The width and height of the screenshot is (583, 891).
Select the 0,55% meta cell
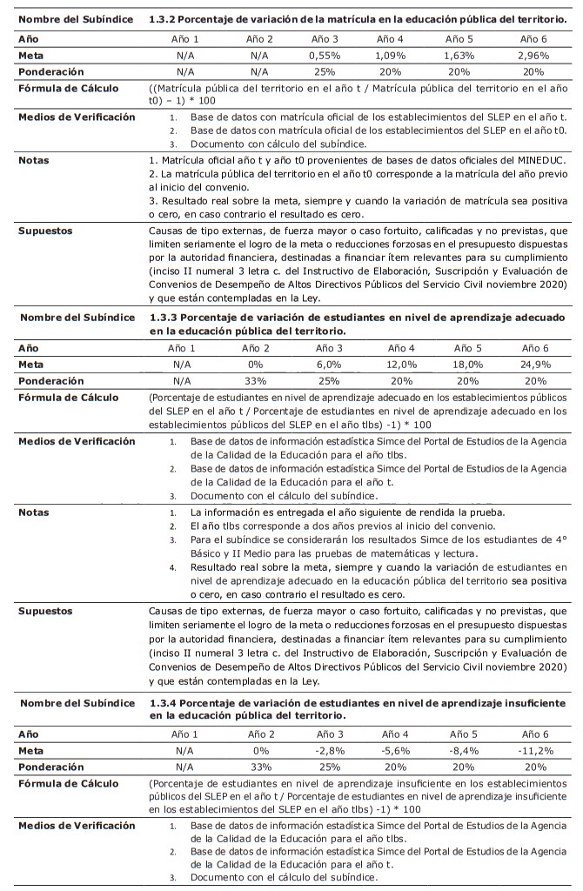coord(324,55)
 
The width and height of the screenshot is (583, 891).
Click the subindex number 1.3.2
coord(164,19)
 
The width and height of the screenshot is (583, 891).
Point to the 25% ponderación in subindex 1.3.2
coord(324,71)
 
